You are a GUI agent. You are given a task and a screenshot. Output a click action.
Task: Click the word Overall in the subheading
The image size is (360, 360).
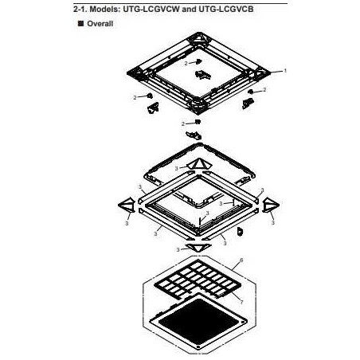click(x=100, y=24)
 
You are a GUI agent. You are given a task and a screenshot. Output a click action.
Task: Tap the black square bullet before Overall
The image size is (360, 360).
click(x=80, y=23)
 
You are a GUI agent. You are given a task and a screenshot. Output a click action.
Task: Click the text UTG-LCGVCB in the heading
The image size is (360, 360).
click(x=225, y=9)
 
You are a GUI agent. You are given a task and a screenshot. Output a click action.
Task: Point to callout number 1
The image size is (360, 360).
click(x=285, y=71)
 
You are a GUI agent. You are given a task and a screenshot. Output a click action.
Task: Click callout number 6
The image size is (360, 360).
click(x=241, y=260)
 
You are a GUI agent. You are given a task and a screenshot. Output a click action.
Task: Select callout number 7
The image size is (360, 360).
click(x=241, y=302)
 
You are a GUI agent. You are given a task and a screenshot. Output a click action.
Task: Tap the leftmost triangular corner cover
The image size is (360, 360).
click(x=127, y=205)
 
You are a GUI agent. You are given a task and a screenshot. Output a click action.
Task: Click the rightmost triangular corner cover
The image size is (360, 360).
click(x=271, y=205)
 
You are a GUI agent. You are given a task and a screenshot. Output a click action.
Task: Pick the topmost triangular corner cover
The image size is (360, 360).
click(x=198, y=165)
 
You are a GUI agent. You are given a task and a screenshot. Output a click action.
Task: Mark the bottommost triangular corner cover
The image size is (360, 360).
click(x=198, y=248)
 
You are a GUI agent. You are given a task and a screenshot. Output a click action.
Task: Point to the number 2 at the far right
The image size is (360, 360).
click(x=264, y=90)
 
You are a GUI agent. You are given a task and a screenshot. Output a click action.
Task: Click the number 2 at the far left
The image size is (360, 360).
click(x=135, y=98)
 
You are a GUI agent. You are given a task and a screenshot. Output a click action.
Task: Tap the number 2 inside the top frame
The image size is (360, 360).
click(x=186, y=63)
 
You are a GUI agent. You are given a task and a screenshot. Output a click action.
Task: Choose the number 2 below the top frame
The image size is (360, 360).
click(x=183, y=124)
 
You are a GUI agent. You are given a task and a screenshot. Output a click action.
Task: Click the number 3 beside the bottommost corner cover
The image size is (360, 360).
click(x=178, y=250)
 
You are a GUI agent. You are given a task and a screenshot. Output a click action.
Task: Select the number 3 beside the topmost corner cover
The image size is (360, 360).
click(x=176, y=169)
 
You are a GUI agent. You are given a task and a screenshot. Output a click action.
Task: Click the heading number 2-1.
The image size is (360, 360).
click(x=80, y=9)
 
